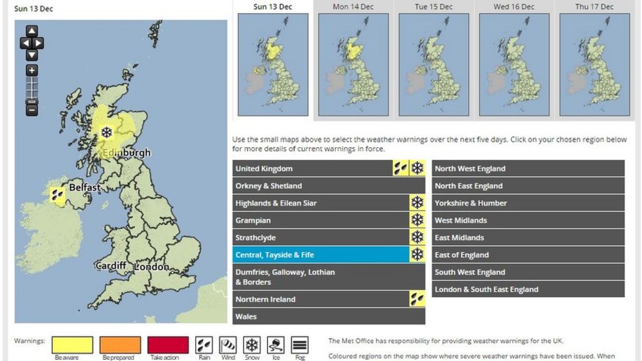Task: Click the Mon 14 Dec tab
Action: [x=353, y=7]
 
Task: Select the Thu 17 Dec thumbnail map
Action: [x=594, y=64]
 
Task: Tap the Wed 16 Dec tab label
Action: [x=514, y=7]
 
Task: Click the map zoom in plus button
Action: [x=32, y=71]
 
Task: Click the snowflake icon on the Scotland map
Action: [x=107, y=132]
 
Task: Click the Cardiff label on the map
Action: [x=110, y=266]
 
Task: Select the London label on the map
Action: [x=151, y=267]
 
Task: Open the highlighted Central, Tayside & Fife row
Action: [x=320, y=255]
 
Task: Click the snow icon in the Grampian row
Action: [x=417, y=220]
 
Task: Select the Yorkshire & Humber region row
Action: [x=528, y=203]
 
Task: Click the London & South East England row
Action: [x=528, y=290]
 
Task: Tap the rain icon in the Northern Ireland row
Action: [x=417, y=299]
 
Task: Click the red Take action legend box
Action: [x=168, y=345]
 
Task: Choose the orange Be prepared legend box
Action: [x=120, y=345]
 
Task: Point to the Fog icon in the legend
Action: [x=300, y=345]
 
